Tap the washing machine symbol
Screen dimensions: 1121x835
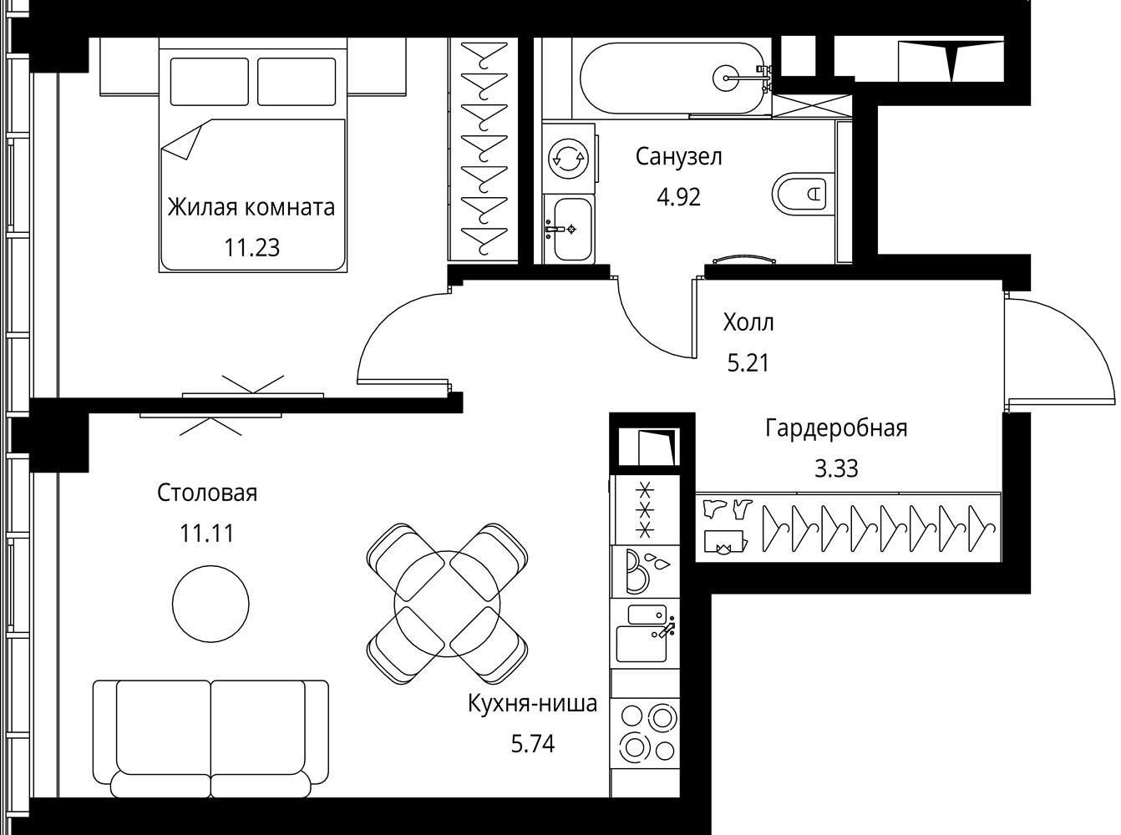click(x=568, y=158)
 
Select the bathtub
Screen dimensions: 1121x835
click(x=676, y=78)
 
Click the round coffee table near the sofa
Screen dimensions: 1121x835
click(x=211, y=603)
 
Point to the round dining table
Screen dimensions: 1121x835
click(x=447, y=604)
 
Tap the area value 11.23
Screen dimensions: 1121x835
click(x=251, y=248)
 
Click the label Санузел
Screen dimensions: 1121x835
click(x=678, y=157)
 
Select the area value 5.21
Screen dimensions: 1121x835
click(x=748, y=363)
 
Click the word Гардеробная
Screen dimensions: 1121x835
click(x=836, y=428)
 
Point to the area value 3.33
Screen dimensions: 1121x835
click(x=836, y=468)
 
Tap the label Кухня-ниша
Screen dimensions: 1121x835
click(x=532, y=704)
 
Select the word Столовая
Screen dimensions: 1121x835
click(x=207, y=493)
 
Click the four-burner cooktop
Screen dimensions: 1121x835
click(x=646, y=733)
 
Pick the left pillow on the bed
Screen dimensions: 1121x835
click(x=209, y=82)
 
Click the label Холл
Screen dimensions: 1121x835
click(x=748, y=322)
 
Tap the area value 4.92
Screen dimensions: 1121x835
click(x=678, y=198)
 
